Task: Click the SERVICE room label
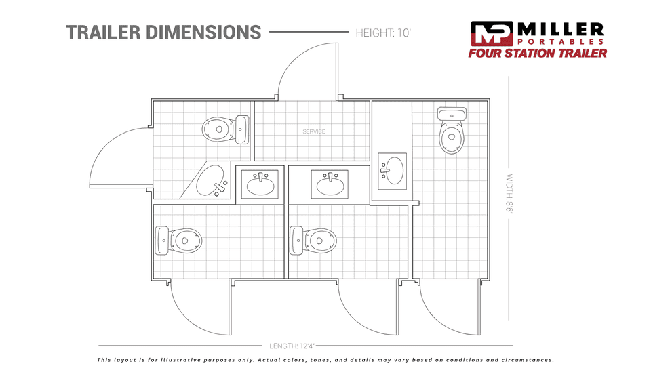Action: (314, 131)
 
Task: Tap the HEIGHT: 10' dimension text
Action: (382, 33)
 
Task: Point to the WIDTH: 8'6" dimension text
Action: (509, 193)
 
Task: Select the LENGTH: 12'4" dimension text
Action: (292, 346)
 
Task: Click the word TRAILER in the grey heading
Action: (102, 33)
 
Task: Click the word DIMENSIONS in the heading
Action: (203, 33)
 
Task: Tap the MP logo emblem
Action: (492, 34)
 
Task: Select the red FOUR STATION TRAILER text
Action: (538, 53)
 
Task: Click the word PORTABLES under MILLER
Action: (561, 41)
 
